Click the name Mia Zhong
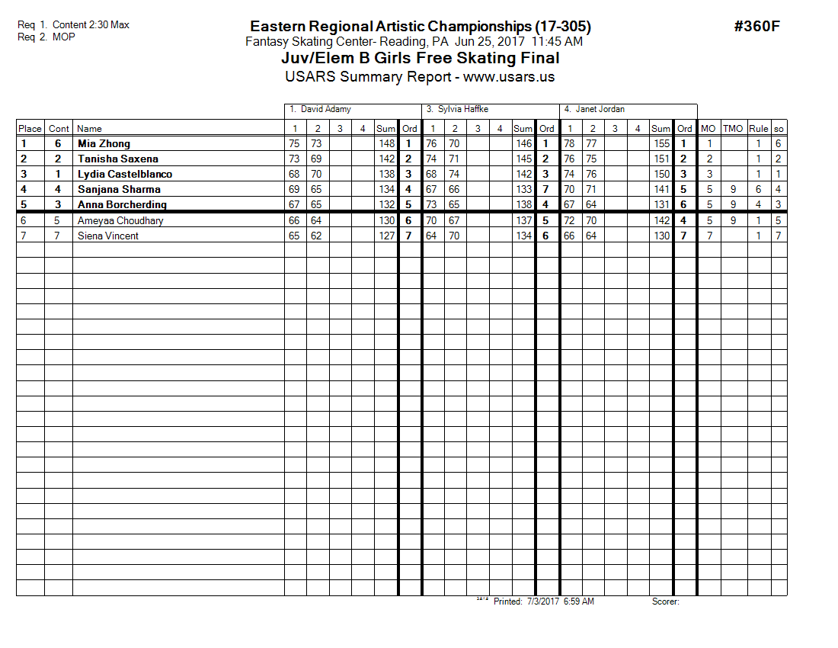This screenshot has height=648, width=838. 104,143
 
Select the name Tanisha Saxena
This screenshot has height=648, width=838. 117,159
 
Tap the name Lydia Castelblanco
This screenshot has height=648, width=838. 125,174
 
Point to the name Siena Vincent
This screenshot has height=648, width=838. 108,236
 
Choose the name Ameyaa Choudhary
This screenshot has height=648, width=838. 120,220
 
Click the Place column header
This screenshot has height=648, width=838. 30,129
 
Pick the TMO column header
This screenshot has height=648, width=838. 733,129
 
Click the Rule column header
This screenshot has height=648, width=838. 759,129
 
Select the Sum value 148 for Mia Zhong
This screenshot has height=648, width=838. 387,143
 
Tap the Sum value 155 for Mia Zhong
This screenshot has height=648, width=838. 661,143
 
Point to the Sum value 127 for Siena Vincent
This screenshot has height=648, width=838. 387,236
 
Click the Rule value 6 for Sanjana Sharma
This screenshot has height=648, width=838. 759,189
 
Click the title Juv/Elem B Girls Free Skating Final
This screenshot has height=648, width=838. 415,59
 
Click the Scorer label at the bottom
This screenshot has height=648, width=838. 665,601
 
